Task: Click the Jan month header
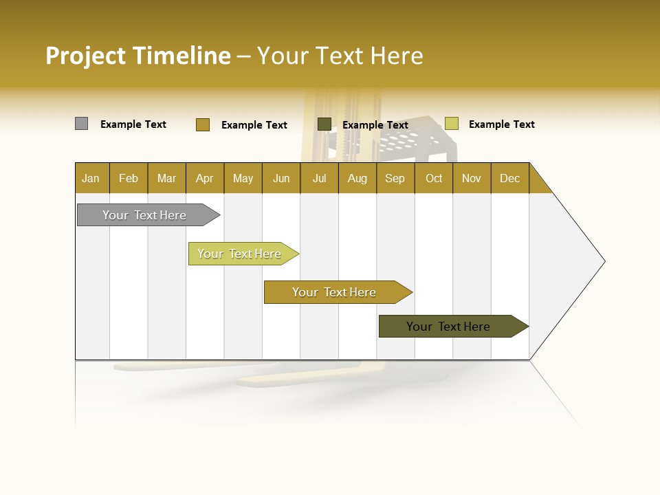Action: pos(91,178)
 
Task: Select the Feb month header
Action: pos(129,178)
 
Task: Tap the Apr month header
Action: pos(204,178)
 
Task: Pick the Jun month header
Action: pos(281,178)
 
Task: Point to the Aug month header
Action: pos(357,178)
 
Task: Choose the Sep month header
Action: pos(395,178)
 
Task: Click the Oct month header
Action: pos(434,178)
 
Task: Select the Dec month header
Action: pos(509,178)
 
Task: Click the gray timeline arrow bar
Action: pos(144,215)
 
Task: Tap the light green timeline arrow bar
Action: pos(239,254)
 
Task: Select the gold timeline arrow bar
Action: pos(334,292)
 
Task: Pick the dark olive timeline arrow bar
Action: pos(448,327)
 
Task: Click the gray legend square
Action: pos(81,124)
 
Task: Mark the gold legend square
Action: pos(202,124)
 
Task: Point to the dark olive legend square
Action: pos(324,124)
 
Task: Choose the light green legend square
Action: pos(451,124)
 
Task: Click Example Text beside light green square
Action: pos(501,124)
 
